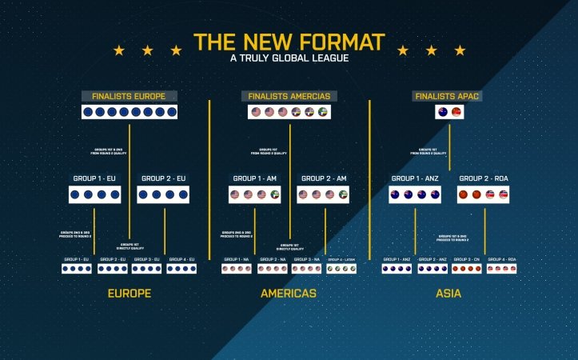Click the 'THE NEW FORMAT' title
[x=289, y=42]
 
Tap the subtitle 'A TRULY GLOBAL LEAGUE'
[x=289, y=58]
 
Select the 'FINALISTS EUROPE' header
[x=129, y=97]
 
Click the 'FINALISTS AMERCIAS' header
[x=289, y=97]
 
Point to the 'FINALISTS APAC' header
[x=448, y=97]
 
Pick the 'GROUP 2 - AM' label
[x=324, y=178]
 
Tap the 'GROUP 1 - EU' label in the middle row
[x=94, y=178]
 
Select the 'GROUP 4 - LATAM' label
[x=341, y=260]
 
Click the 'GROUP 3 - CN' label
[x=467, y=260]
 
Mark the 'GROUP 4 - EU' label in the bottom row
[x=181, y=260]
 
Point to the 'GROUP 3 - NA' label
[x=307, y=260]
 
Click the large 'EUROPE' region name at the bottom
[x=130, y=294]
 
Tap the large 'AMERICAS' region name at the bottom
[x=289, y=294]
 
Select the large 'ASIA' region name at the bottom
[x=448, y=294]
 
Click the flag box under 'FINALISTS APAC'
[x=448, y=112]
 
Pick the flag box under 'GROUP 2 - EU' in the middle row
[x=163, y=194]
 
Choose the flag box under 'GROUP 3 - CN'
[x=467, y=269]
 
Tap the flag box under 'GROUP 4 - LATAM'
[x=341, y=269]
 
